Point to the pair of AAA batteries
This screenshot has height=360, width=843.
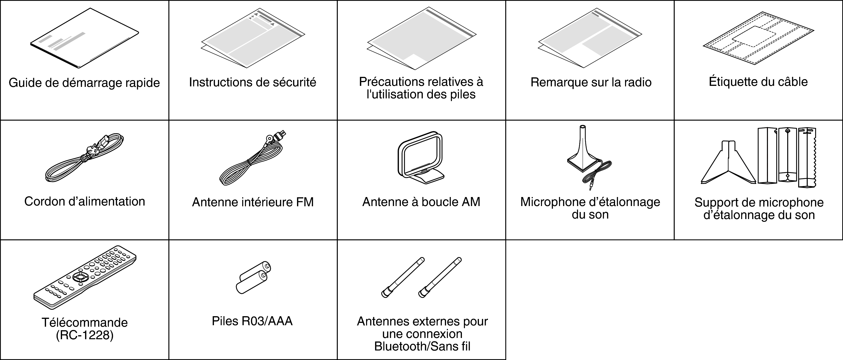(253, 278)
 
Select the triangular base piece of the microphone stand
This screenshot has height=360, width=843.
(729, 164)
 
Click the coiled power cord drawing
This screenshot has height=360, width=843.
(84, 159)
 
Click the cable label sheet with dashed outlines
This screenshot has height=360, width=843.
(758, 38)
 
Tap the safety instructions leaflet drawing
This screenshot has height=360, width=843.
(253, 39)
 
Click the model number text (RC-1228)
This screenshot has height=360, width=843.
(84, 335)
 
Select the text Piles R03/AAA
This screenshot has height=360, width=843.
(252, 321)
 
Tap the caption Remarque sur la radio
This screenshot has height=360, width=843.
(591, 82)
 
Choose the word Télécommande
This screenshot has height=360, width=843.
(84, 323)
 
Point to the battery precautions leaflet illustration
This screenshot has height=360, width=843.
(421, 39)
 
